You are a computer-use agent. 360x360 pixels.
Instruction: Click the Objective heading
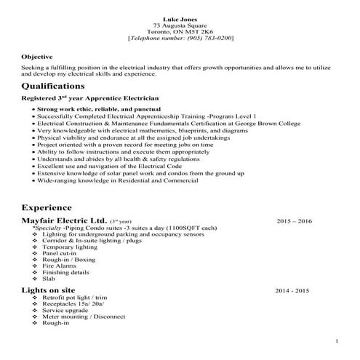[x=36, y=56]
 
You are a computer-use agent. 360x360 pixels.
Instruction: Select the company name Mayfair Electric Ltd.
[x=65, y=220]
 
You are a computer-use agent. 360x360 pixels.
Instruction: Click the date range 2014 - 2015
[x=292, y=290]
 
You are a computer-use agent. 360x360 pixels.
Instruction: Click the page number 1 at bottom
[x=337, y=341]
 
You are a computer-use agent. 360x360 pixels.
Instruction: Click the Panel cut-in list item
[x=61, y=252]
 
